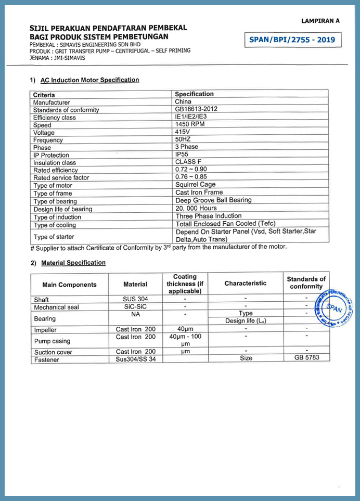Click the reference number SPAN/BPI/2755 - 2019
point(292,40)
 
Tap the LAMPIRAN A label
point(320,21)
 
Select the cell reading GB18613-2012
point(196,109)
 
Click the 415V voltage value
point(183,132)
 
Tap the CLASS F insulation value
point(188,162)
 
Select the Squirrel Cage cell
point(195,185)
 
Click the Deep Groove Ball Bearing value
point(213,200)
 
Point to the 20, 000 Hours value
point(196,208)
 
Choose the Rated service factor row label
point(61,178)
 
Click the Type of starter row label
point(54,237)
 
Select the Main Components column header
point(69,285)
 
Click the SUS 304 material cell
point(135,300)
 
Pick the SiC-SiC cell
point(135,307)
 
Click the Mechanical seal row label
point(56,307)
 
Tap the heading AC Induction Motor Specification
point(89,80)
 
